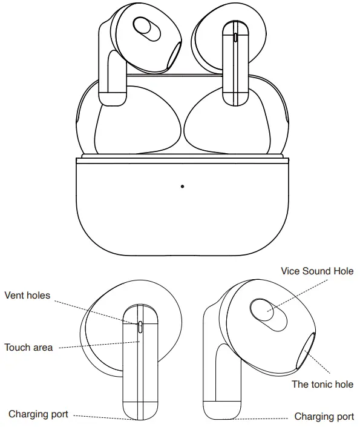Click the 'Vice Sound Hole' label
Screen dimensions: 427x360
(318, 271)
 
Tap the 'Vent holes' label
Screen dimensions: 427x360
(27, 295)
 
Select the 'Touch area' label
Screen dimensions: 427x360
(28, 348)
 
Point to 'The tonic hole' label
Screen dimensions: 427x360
(322, 384)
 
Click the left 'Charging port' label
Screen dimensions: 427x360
(38, 414)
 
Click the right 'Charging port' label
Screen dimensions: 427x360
(324, 416)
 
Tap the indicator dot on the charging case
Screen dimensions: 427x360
(182, 186)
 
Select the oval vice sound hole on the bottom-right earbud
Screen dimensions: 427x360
(264, 311)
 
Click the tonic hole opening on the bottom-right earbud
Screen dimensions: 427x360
(306, 351)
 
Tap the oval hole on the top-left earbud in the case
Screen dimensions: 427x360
(144, 27)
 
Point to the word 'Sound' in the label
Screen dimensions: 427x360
(316, 271)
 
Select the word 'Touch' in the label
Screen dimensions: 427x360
(17, 348)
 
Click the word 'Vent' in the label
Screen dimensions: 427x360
(15, 295)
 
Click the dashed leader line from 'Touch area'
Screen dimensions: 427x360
(97, 345)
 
